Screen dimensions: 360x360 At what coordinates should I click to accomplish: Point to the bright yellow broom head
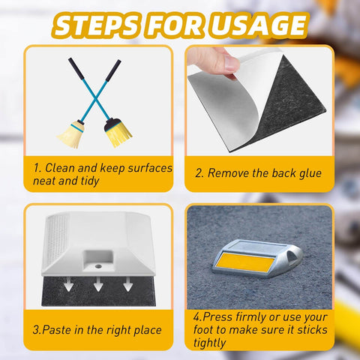tap(118, 133)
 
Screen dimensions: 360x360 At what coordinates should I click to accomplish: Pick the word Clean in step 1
tap(64, 168)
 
